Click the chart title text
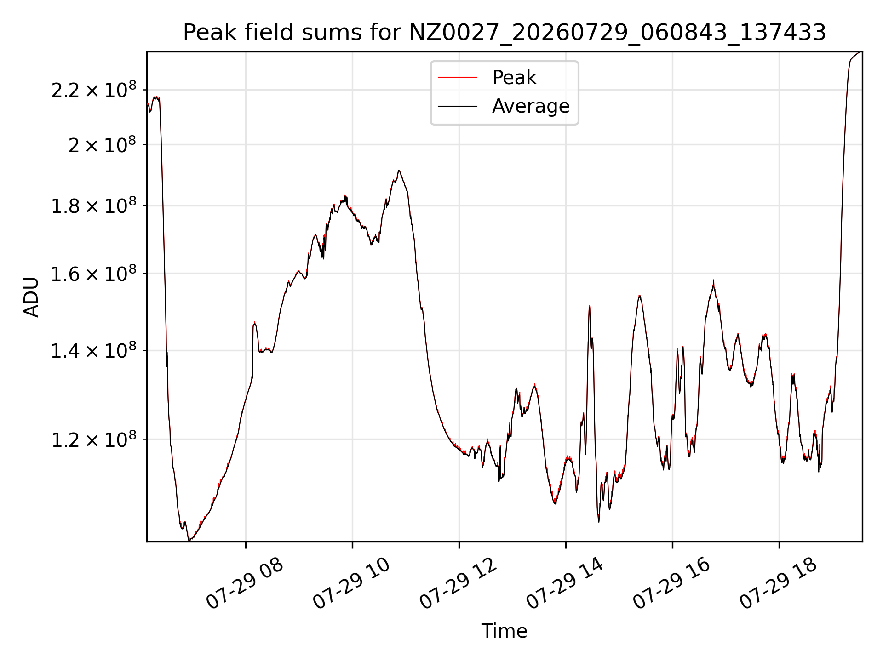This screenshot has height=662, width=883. [505, 33]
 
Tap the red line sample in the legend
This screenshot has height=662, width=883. [458, 78]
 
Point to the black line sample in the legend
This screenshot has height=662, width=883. [458, 106]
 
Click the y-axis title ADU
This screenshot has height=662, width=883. [31, 297]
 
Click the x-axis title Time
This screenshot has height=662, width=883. [505, 631]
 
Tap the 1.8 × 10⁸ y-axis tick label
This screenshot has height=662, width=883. [94, 205]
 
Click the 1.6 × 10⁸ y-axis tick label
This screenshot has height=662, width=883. [94, 274]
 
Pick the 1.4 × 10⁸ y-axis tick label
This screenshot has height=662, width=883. [94, 351]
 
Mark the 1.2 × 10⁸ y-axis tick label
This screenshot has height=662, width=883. [94, 439]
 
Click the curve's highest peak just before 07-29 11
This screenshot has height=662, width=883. [399, 171]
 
